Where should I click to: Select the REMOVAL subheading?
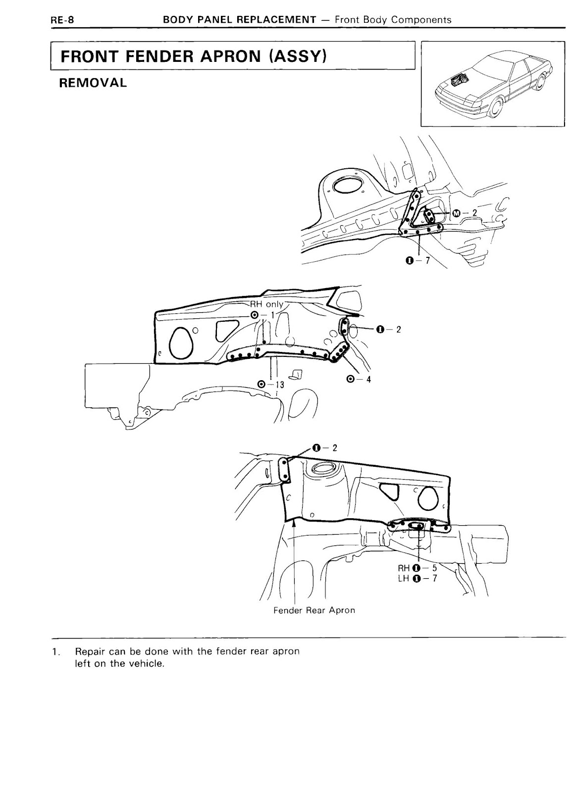[x=93, y=83]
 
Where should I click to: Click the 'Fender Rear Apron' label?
[x=314, y=610]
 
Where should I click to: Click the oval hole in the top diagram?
[x=349, y=186]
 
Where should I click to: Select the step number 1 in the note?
[x=54, y=652]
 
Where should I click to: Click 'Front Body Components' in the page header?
[x=393, y=20]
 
